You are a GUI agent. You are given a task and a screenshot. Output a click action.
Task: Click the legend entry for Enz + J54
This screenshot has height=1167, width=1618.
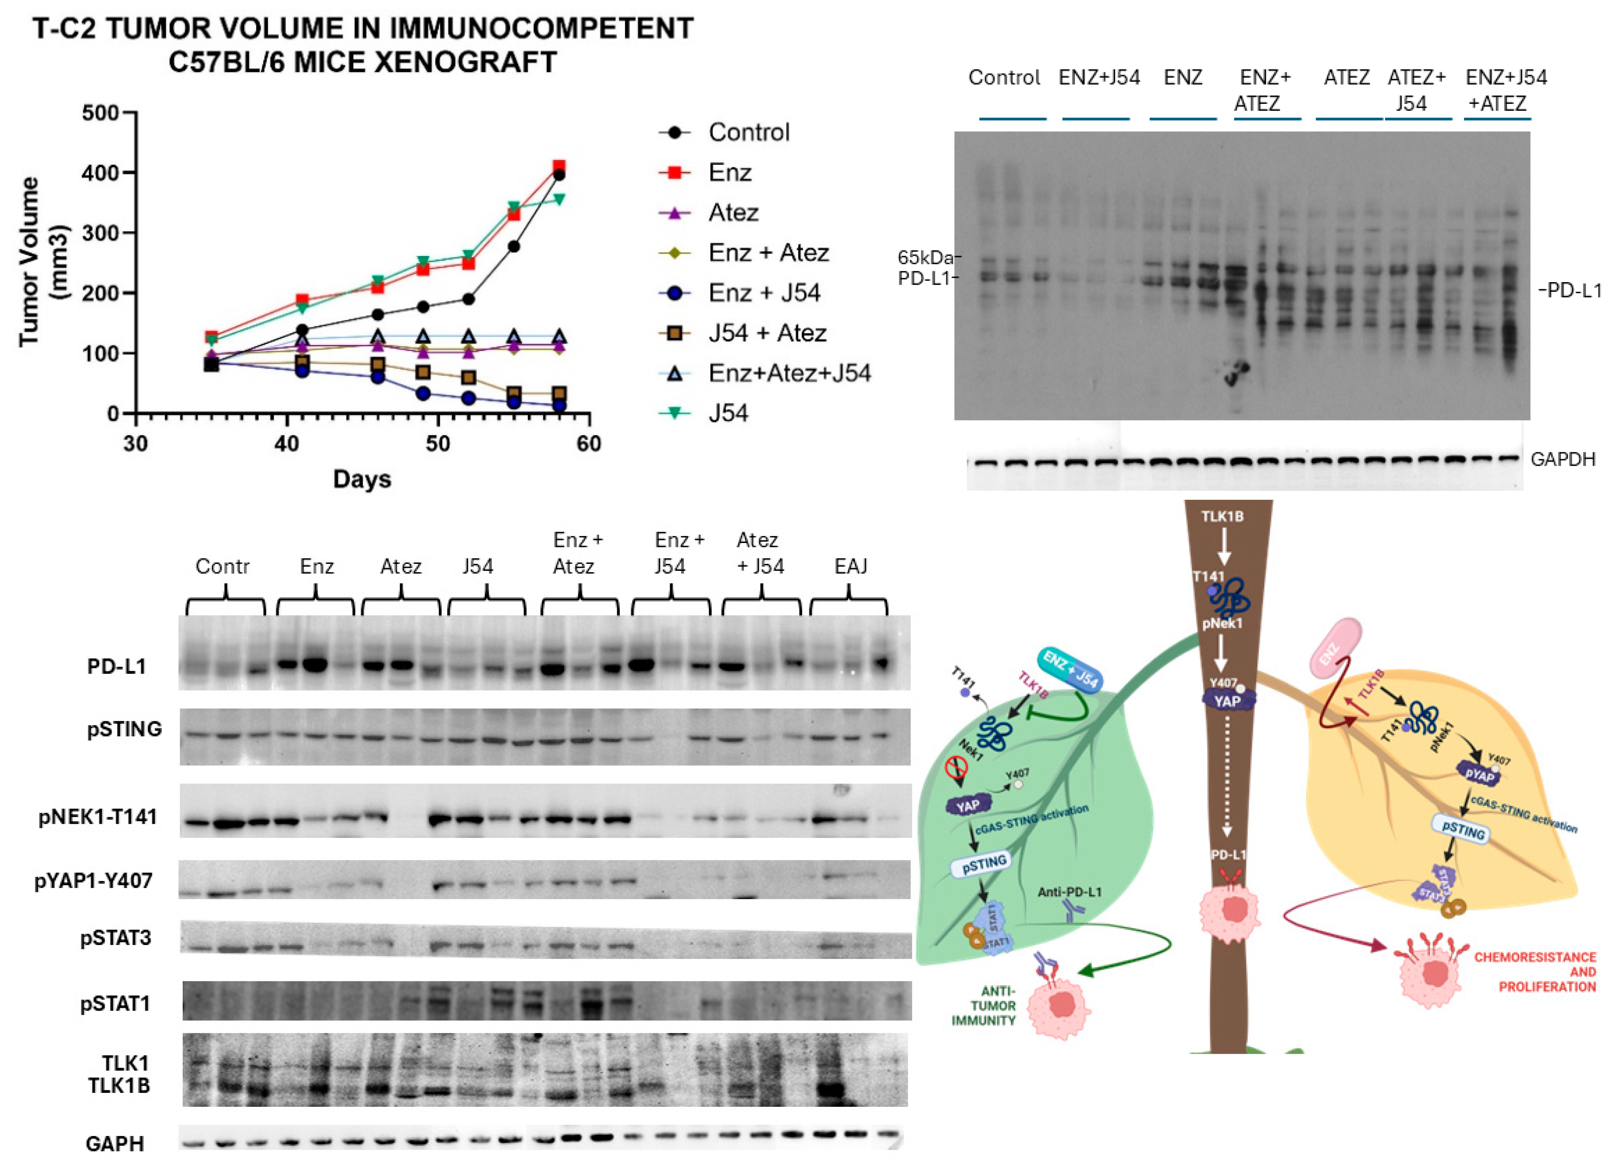[x=763, y=293]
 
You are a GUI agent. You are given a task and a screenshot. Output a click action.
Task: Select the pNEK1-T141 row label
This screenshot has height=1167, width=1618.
[x=98, y=817]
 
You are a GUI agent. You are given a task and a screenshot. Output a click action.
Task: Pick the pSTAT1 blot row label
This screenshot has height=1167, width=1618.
[x=115, y=1003]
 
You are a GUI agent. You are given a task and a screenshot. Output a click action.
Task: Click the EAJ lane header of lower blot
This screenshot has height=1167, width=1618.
[x=850, y=566]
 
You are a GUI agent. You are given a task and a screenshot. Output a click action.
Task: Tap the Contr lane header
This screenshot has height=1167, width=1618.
[x=222, y=566]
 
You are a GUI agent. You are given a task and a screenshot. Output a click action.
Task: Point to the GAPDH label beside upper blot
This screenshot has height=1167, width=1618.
[x=1562, y=459]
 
